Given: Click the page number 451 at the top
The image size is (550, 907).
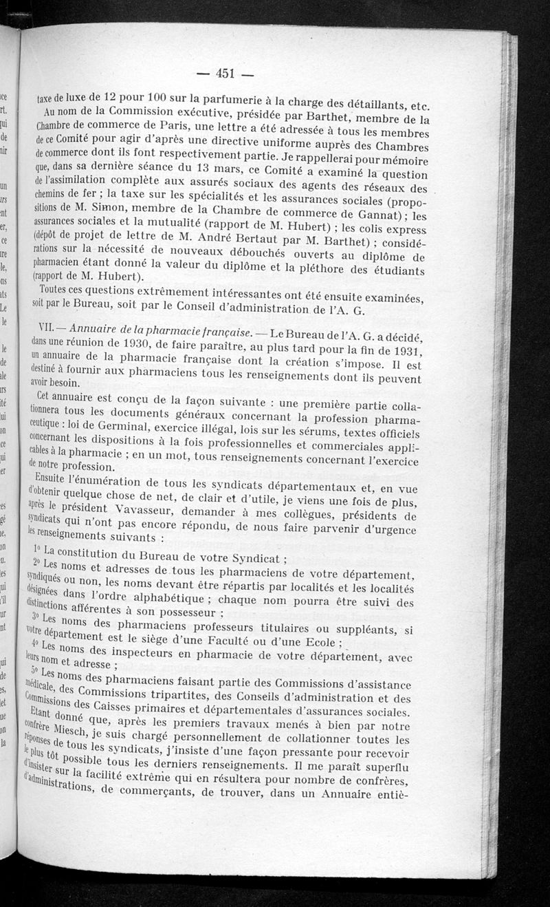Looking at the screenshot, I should coord(225,74).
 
